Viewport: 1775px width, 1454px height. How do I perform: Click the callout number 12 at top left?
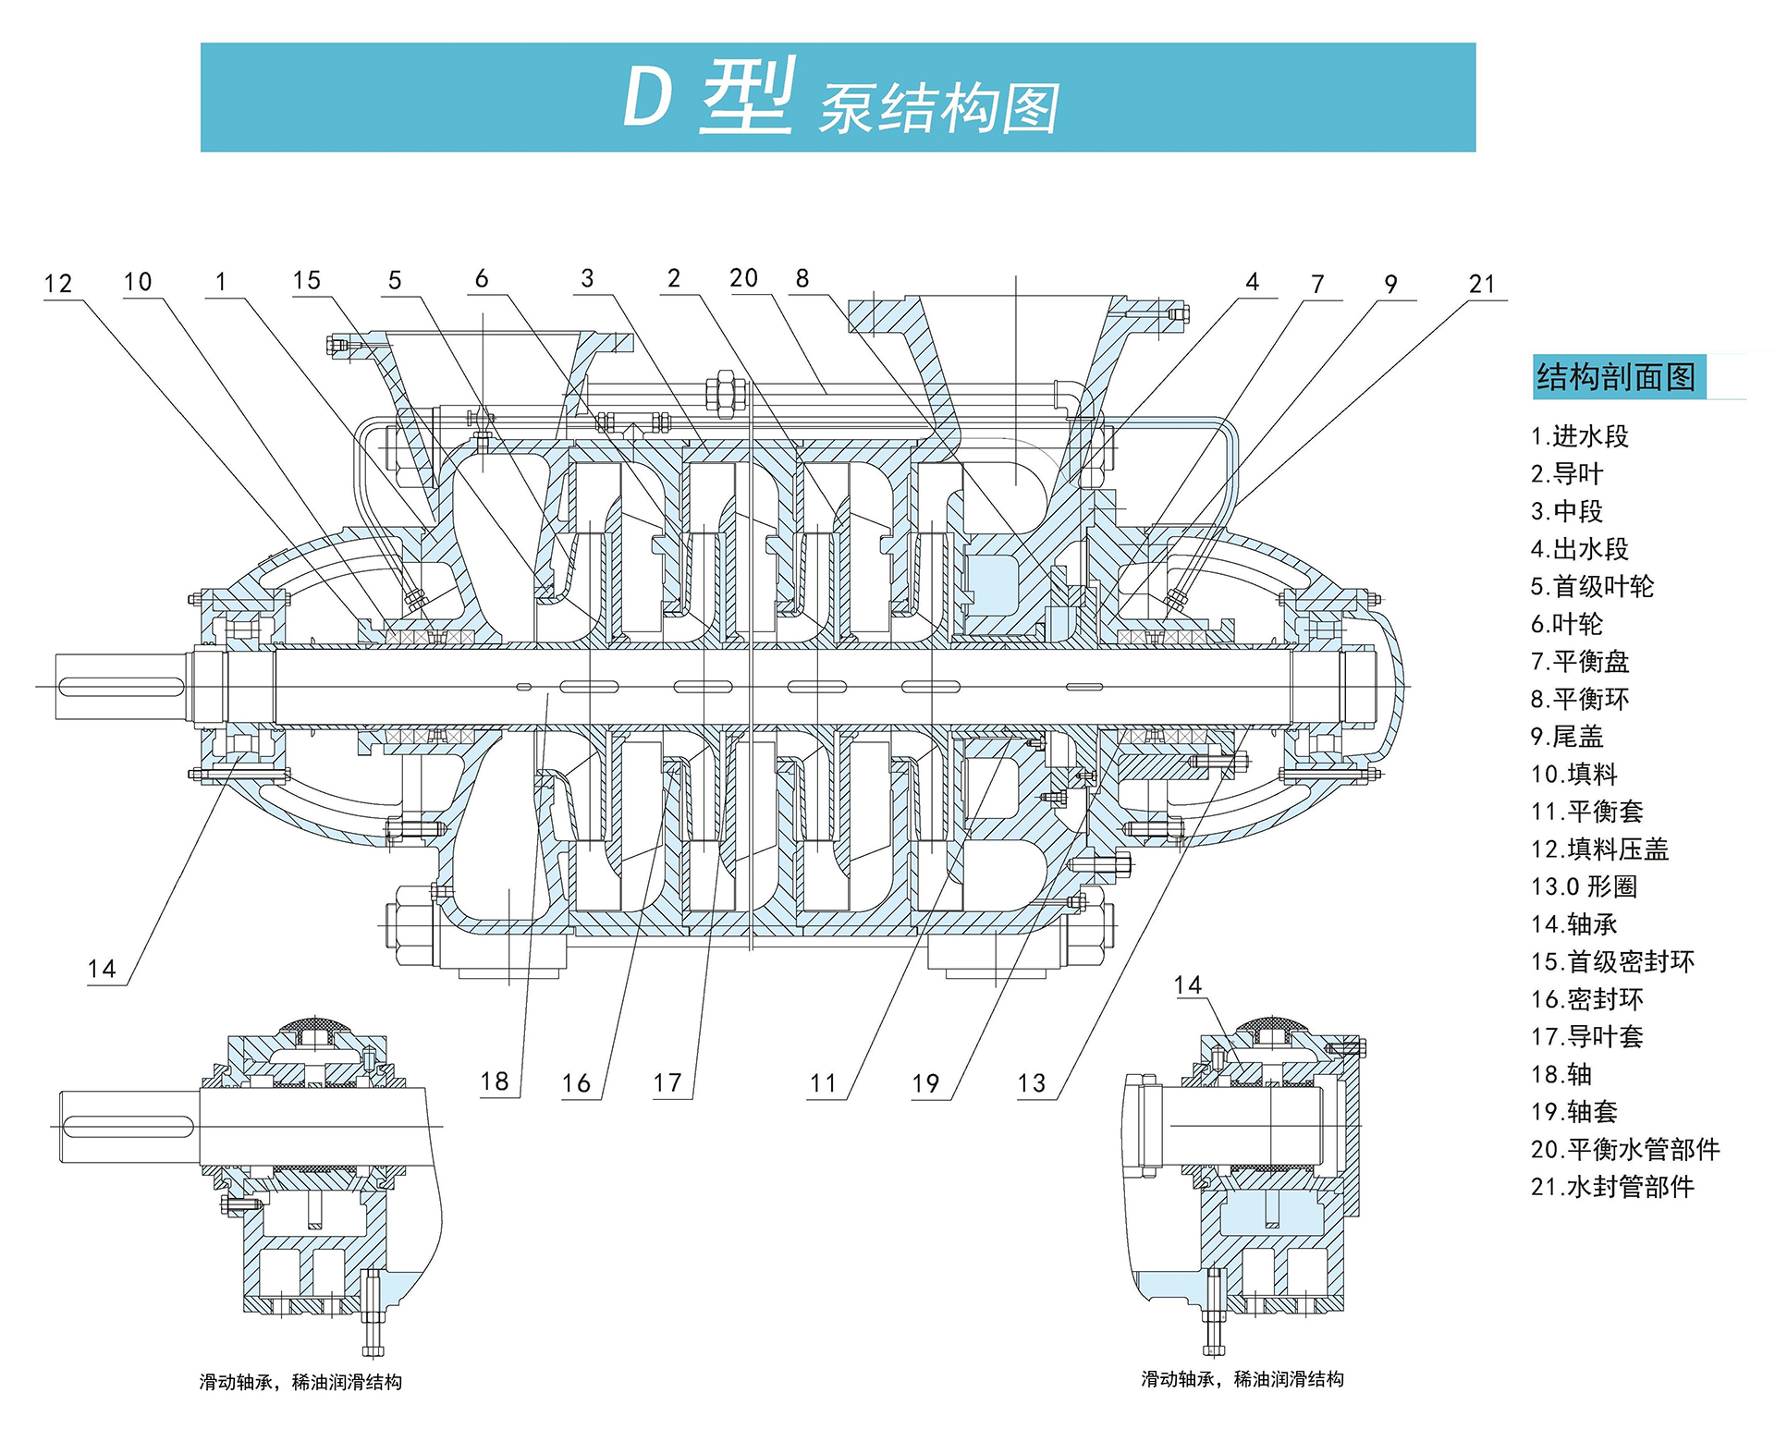click(x=57, y=284)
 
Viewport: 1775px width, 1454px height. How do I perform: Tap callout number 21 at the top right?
click(x=1481, y=284)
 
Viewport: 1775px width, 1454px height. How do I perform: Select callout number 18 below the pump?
click(x=495, y=1081)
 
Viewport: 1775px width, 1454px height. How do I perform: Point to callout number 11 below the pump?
click(x=823, y=1083)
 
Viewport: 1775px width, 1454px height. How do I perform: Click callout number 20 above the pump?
click(x=743, y=278)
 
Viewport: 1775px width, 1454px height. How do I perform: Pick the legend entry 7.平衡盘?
click(x=1579, y=662)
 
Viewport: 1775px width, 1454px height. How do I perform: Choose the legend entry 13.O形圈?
click(x=1583, y=886)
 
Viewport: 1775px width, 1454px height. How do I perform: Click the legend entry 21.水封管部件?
click(x=1611, y=1187)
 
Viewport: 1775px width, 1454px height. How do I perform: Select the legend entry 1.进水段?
click(x=1579, y=436)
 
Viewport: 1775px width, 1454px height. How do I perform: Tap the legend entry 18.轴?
click(x=1561, y=1074)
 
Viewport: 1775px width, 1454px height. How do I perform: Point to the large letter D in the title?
click(x=646, y=97)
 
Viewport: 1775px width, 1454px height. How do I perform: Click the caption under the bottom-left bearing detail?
click(x=300, y=1382)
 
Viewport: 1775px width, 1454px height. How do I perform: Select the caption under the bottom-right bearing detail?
click(x=1242, y=1379)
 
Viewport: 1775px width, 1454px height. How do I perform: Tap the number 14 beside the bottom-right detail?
click(x=1187, y=985)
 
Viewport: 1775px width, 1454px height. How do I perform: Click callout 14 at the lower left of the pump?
click(x=102, y=969)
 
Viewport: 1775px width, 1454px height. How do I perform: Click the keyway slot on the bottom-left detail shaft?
click(x=128, y=1126)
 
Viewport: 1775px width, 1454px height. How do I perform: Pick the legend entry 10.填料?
click(x=1573, y=775)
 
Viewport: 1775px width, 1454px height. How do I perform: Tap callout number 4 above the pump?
click(x=1252, y=282)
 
